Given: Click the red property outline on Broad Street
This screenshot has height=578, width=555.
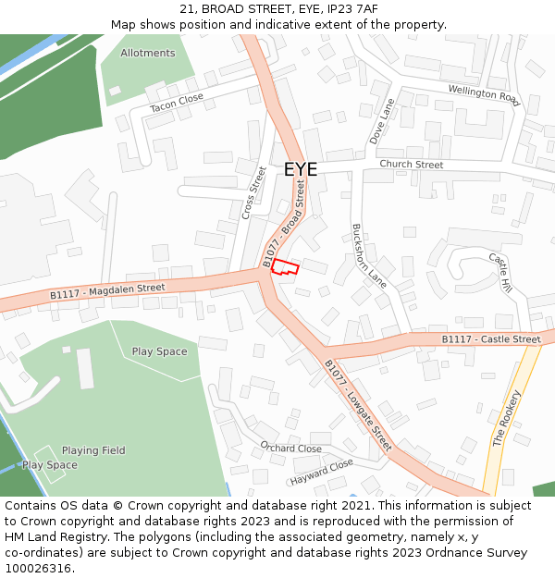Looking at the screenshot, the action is click(x=285, y=267).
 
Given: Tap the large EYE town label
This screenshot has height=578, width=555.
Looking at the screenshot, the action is click(x=301, y=170).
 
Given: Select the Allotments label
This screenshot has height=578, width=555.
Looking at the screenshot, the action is click(x=147, y=54).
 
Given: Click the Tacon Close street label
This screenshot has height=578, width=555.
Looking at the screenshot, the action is click(x=177, y=103).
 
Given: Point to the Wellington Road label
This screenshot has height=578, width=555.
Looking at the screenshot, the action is click(x=484, y=94).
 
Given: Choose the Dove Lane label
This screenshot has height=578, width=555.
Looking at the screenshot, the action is click(x=381, y=120).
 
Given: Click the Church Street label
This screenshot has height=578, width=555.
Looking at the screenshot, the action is click(x=412, y=165).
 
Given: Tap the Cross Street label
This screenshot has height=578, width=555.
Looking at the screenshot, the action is click(x=248, y=192).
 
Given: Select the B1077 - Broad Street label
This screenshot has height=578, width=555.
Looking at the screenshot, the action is click(x=283, y=225).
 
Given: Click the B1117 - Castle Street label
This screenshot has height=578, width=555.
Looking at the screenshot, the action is click(x=490, y=339).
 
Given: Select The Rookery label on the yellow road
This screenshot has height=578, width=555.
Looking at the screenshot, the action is click(x=507, y=419).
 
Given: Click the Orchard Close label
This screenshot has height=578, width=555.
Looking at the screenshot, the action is click(x=291, y=449).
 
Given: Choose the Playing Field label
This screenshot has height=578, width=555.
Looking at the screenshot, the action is click(x=93, y=450).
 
